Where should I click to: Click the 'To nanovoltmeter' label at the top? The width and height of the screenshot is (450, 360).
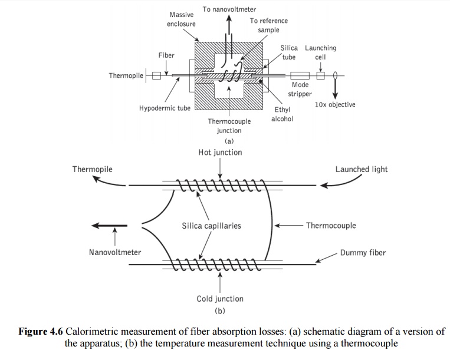[x=229, y=9]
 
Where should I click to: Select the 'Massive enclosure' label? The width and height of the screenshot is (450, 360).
[x=182, y=19]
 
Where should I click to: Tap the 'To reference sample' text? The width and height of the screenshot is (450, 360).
[x=268, y=25]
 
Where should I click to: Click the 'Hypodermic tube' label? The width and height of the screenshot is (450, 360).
[x=165, y=108]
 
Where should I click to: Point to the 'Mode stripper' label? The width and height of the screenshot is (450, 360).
[x=300, y=90]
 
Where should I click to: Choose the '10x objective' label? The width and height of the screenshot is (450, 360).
[x=335, y=105]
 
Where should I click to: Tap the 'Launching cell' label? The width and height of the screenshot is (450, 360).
[x=320, y=52]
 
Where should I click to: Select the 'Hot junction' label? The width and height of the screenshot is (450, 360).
[x=220, y=153]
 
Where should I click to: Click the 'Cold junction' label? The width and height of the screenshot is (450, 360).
[x=219, y=299]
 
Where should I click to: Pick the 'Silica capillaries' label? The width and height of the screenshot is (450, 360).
[x=211, y=226]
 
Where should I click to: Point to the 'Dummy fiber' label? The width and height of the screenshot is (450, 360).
[x=363, y=253]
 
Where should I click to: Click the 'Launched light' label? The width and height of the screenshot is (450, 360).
[x=362, y=169]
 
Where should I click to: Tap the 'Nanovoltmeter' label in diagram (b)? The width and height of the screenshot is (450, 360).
[x=115, y=253]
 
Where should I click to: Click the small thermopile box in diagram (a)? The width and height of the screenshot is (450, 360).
[x=156, y=75]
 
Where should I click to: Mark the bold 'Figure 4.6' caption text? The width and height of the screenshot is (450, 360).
[x=41, y=332]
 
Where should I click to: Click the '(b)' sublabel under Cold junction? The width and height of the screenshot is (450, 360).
[x=220, y=311]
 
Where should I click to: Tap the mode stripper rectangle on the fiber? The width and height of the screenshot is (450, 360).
[x=300, y=75]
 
